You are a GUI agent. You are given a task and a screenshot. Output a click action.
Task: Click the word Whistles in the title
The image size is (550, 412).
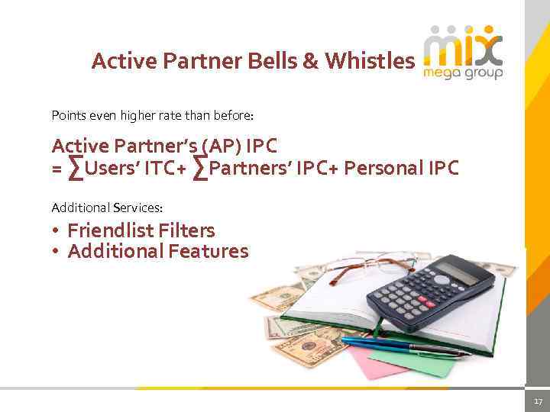coord(370,61)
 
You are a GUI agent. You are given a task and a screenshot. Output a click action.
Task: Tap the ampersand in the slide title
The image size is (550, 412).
coord(310,61)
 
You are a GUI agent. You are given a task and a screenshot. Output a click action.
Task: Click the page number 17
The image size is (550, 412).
coord(537,401)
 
